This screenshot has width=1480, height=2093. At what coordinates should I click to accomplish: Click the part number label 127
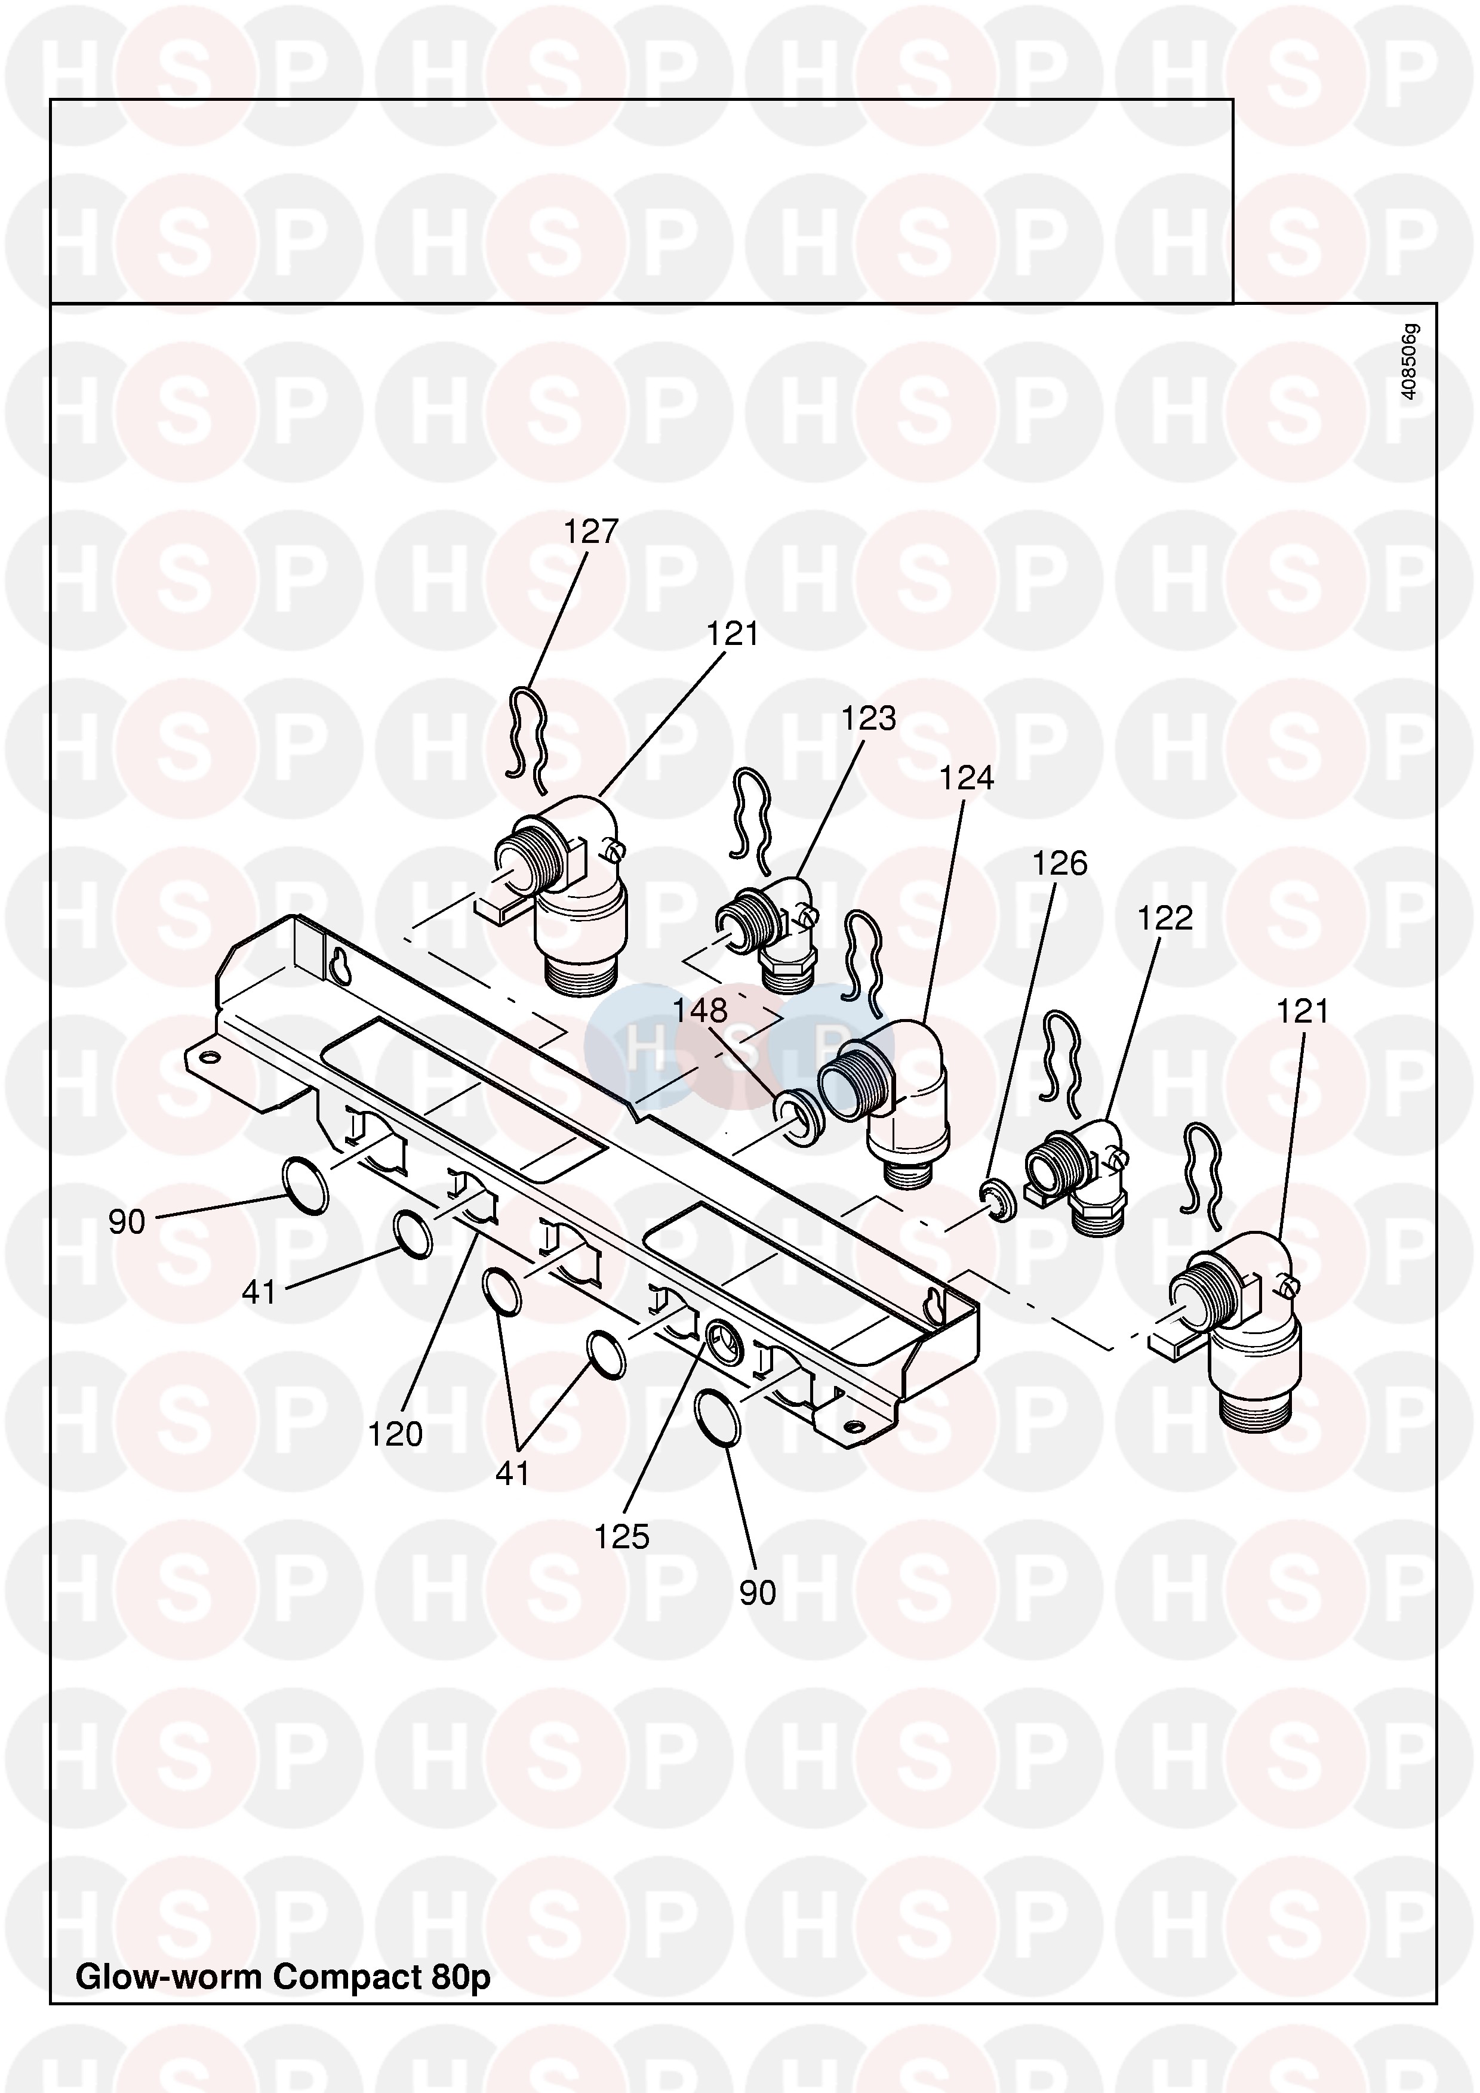(591, 532)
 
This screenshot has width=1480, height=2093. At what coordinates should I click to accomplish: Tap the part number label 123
(868, 719)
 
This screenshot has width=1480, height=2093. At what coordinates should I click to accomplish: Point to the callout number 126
(1060, 863)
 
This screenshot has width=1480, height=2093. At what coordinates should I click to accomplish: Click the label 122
(1165, 918)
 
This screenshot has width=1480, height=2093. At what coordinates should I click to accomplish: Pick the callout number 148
(700, 1010)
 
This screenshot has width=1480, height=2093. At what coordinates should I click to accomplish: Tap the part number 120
(395, 1434)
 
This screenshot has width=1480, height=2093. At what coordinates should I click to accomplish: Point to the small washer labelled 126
(1001, 1200)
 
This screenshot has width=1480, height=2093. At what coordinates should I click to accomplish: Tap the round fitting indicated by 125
(725, 1339)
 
